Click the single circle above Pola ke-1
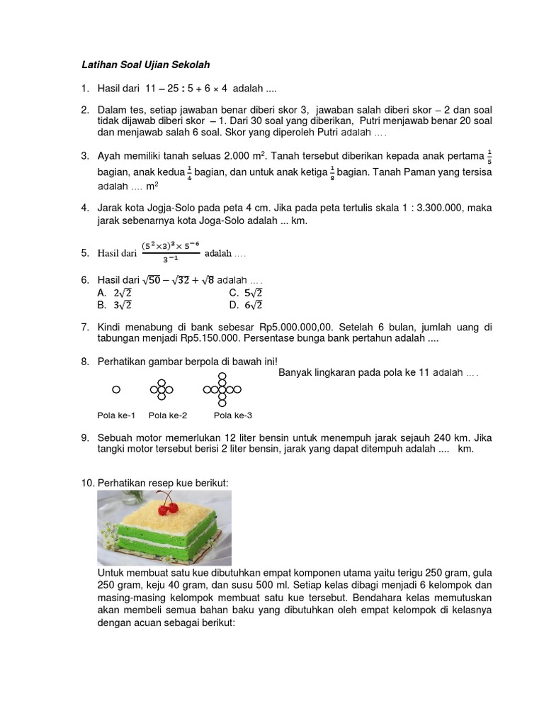tap(116, 389)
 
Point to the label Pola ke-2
tap(168, 415)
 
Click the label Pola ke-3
tap(233, 415)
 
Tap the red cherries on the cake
tap(167, 508)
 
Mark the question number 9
tap(85, 437)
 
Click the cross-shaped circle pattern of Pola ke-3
tap(222, 389)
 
